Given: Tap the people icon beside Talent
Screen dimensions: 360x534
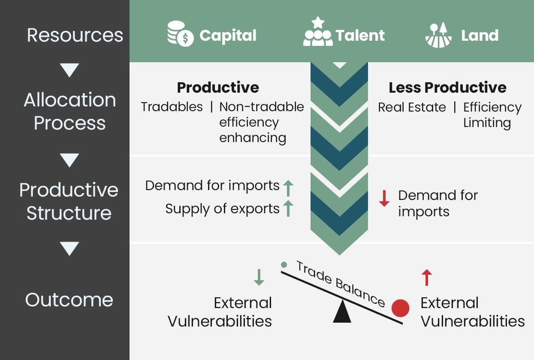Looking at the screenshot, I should pyautogui.click(x=317, y=33).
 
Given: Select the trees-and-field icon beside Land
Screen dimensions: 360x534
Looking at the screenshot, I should pyautogui.click(x=438, y=35).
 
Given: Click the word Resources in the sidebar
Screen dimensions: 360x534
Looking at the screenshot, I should pyautogui.click(x=75, y=35).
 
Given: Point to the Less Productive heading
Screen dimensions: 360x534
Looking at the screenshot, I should pyautogui.click(x=447, y=88).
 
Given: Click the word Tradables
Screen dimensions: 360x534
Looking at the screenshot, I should pyautogui.click(x=172, y=107).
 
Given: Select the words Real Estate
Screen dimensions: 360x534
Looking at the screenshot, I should pyautogui.click(x=412, y=107).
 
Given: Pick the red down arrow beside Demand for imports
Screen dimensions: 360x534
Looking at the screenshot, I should pyautogui.click(x=384, y=198).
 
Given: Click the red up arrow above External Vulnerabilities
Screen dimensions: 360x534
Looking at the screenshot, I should pyautogui.click(x=426, y=278).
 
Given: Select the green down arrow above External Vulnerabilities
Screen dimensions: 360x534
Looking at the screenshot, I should pyautogui.click(x=259, y=278).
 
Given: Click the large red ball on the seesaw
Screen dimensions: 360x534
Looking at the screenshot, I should pyautogui.click(x=400, y=308).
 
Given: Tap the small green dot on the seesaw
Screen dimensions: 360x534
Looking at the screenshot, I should pyautogui.click(x=284, y=265).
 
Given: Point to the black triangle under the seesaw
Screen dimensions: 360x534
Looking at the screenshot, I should pyautogui.click(x=342, y=312).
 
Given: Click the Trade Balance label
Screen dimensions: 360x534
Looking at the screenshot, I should pyautogui.click(x=341, y=284).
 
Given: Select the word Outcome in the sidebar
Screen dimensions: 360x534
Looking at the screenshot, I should pyautogui.click(x=69, y=299).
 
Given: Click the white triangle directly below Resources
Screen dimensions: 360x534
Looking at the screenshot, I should pyautogui.click(x=69, y=70).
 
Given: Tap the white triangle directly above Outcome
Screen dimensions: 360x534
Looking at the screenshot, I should pyautogui.click(x=69, y=248).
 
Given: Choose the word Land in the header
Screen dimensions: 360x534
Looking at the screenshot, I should pyautogui.click(x=480, y=35).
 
